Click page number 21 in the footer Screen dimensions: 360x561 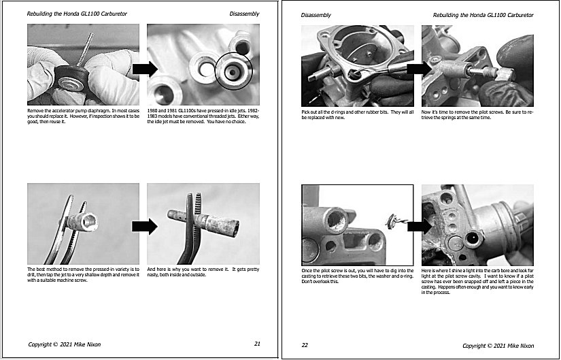tap(257, 344)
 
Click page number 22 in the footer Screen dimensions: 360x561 tap(305, 345)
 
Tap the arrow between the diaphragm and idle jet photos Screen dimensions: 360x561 tap(143, 69)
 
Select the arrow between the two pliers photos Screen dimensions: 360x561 tap(143, 224)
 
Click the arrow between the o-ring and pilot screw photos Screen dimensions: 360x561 tap(418, 67)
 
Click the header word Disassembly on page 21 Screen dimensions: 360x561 tap(245, 14)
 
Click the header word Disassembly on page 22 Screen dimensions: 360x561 tap(316, 14)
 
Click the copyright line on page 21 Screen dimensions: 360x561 tap(64, 344)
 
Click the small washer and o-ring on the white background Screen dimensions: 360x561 tap(392, 219)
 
